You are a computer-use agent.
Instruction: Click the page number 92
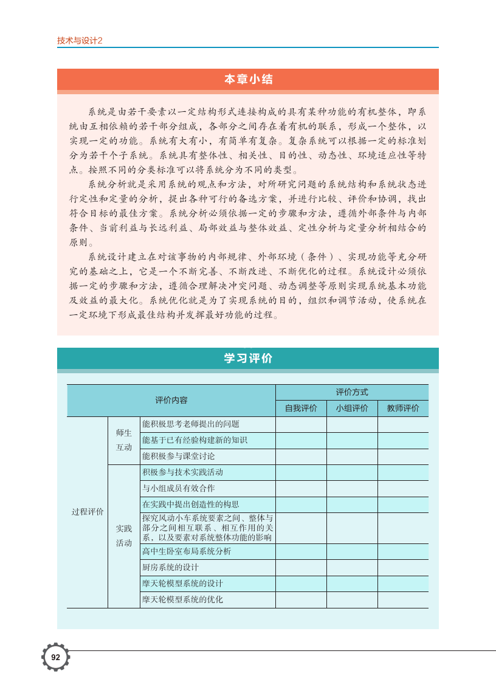tap(55, 657)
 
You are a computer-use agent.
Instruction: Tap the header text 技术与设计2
tap(80, 41)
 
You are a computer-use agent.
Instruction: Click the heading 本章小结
tap(248, 80)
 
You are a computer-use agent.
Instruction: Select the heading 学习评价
tap(248, 359)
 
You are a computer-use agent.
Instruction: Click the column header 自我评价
tap(301, 408)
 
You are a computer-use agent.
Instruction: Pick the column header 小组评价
tap(352, 408)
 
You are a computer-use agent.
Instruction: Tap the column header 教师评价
tap(403, 408)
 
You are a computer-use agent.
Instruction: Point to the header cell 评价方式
tap(352, 392)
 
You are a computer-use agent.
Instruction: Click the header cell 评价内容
tap(171, 400)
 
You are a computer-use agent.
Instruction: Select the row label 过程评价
tap(88, 512)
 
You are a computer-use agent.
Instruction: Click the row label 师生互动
tap(124, 440)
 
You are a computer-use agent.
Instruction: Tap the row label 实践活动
tap(124, 536)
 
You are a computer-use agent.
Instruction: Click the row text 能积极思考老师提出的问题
tap(191, 424)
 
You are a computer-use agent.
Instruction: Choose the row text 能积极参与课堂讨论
tap(179, 456)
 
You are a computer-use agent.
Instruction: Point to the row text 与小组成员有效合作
tap(179, 488)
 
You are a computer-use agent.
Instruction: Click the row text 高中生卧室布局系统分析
tap(187, 551)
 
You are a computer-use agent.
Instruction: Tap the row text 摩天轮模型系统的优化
tap(183, 599)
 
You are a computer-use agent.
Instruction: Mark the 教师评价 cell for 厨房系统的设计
tap(403, 567)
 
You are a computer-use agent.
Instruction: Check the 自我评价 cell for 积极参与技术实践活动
tap(301, 472)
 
